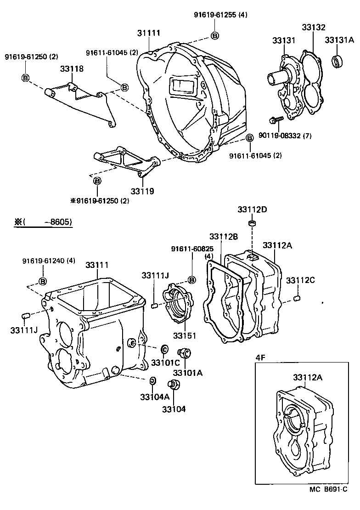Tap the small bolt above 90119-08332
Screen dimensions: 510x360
(276, 120)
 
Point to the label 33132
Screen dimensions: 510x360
(313, 28)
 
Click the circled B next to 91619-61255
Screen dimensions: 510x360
(214, 35)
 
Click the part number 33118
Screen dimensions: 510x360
(72, 69)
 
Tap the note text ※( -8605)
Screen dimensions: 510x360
(43, 222)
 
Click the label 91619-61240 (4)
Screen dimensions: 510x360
(49, 261)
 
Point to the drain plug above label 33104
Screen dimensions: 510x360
(173, 385)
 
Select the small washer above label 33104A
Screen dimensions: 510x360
(152, 380)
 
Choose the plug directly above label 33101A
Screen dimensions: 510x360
(186, 353)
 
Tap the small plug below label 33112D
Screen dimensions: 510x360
(252, 224)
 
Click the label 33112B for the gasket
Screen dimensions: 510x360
(224, 237)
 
